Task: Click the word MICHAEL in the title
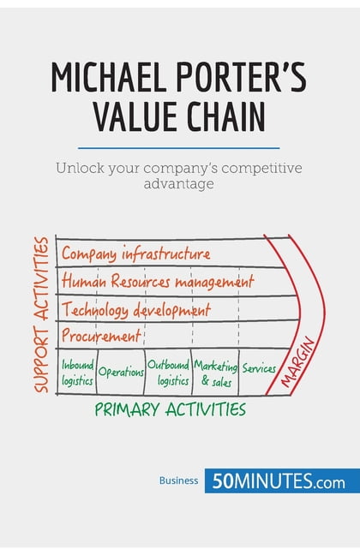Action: pos(103,78)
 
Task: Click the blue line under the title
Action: pos(179,147)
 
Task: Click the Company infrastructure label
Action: pos(135,254)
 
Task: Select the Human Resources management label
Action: pos(158,281)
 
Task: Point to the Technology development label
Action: pos(135,308)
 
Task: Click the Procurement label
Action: pos(101,335)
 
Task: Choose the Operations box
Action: pos(120,372)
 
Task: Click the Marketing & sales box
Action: pos(214,373)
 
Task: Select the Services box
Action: pos(259,369)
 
